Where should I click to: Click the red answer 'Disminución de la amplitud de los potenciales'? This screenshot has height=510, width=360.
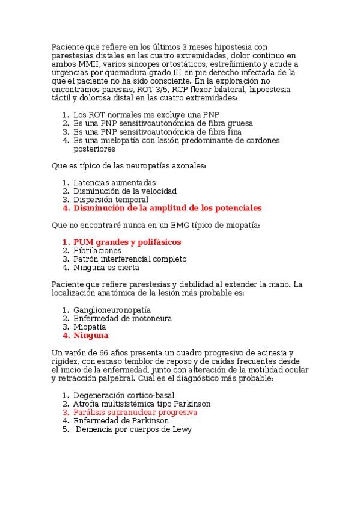(x=167, y=208)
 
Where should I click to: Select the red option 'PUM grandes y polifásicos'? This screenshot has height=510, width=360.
(x=127, y=242)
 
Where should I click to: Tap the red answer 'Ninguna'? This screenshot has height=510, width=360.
(x=91, y=336)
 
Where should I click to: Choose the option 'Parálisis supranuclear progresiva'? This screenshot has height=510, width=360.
(x=135, y=413)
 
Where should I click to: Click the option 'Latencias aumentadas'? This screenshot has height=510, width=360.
(x=114, y=183)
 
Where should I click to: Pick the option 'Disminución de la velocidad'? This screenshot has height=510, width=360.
(x=124, y=191)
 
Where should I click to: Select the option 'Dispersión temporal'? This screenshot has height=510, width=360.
(x=111, y=200)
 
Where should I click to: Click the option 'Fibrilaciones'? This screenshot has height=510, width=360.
(x=97, y=250)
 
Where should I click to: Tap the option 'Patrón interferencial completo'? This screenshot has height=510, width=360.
(x=130, y=259)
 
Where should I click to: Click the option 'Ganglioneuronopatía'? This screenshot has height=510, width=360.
(x=112, y=310)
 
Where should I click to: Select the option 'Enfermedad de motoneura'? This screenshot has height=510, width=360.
(x=123, y=318)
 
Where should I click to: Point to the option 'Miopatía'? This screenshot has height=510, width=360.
(x=90, y=327)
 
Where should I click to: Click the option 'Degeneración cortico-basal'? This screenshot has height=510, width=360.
(x=124, y=395)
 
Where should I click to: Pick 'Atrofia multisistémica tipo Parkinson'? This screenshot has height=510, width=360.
(x=142, y=404)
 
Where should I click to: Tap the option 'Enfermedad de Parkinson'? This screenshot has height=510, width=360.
(x=121, y=421)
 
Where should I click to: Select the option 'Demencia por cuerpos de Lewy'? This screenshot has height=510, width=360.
(x=133, y=430)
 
